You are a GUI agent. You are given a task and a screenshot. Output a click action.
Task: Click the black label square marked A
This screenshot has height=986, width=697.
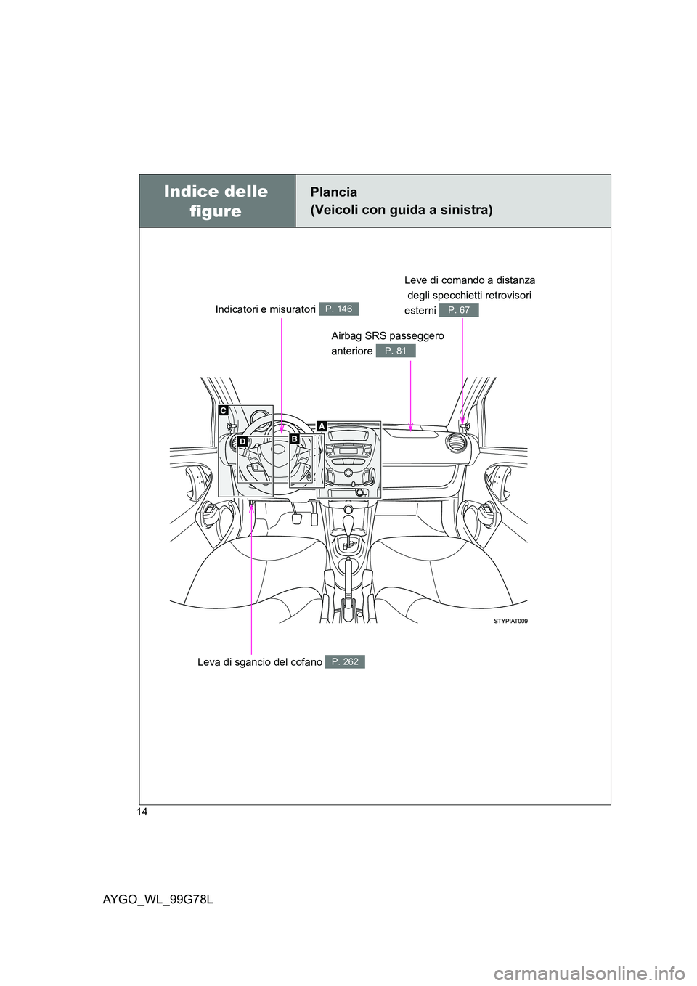pyautogui.click(x=321, y=425)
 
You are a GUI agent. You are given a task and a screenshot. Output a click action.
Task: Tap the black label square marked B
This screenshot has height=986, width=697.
pyautogui.click(x=294, y=439)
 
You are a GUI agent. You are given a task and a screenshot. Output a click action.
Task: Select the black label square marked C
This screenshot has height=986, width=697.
pyautogui.click(x=223, y=410)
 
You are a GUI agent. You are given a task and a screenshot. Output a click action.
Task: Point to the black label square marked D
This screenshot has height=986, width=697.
pyautogui.click(x=242, y=441)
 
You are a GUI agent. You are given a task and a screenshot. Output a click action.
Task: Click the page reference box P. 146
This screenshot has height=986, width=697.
pyautogui.click(x=339, y=309)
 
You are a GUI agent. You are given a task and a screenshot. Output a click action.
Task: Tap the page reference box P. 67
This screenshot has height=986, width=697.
pyautogui.click(x=459, y=310)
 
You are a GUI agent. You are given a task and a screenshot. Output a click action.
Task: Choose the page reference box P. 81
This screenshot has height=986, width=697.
pyautogui.click(x=396, y=351)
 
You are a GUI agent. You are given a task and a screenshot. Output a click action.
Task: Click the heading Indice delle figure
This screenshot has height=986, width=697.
pyautogui.click(x=216, y=201)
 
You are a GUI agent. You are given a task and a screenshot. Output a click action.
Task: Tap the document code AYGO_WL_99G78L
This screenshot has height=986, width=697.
pyautogui.click(x=158, y=900)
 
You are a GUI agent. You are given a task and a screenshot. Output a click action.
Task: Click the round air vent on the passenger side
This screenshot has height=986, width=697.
pyautogui.click(x=455, y=442)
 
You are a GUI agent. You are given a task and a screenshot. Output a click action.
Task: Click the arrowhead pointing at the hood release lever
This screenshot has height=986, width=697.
pyautogui.click(x=251, y=509)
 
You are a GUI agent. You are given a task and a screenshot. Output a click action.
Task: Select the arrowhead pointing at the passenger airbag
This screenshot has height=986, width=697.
pyautogui.click(x=410, y=426)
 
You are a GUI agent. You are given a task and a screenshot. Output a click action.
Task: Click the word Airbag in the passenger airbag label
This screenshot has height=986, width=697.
pyautogui.click(x=345, y=336)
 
